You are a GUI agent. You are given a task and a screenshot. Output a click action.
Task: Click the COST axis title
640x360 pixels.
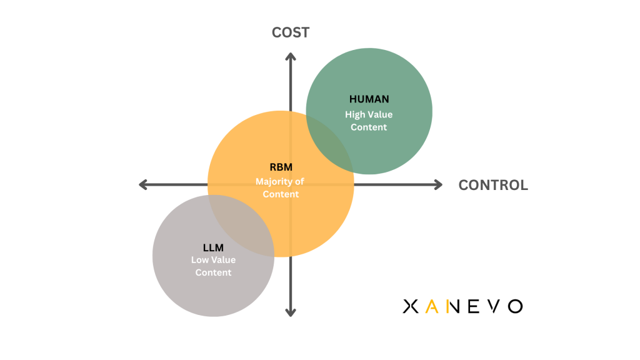click(290, 32)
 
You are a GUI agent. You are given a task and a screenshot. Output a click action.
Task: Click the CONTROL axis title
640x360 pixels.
click(492, 185)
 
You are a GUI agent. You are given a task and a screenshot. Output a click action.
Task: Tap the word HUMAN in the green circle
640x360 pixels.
click(369, 99)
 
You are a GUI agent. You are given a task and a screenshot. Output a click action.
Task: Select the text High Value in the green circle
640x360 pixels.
click(369, 114)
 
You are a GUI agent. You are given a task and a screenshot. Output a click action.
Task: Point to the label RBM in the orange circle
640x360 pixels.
click(281, 167)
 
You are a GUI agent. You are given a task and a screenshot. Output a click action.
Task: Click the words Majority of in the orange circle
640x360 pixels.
click(280, 182)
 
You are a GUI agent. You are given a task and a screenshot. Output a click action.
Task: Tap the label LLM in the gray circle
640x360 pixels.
click(213, 248)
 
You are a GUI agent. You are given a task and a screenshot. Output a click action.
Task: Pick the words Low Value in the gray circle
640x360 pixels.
click(213, 260)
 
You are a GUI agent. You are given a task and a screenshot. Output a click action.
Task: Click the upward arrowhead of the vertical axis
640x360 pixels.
click(291, 57)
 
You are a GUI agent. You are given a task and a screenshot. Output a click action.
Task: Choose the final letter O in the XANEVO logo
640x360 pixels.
click(514, 306)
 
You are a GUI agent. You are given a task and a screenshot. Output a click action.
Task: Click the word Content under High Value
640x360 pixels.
click(369, 127)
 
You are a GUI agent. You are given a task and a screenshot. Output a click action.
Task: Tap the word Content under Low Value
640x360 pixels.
click(213, 272)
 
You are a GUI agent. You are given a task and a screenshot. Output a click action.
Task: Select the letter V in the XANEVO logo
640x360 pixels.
click(494, 306)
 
